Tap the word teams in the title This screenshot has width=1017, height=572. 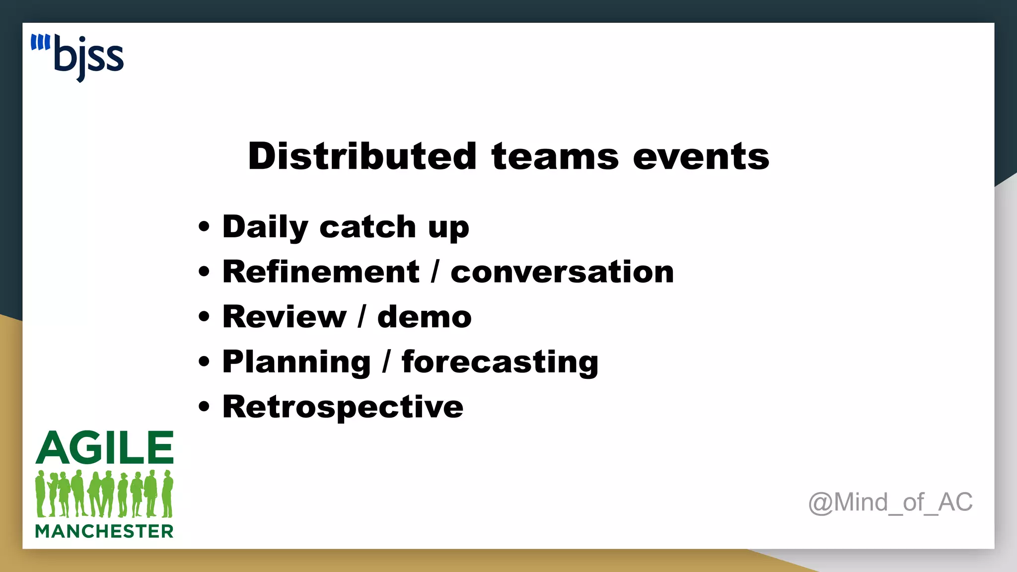[x=555, y=156]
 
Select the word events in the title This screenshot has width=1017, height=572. [x=701, y=156]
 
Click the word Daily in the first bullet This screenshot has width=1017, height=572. [x=265, y=227]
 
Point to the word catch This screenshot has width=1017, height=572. [x=367, y=227]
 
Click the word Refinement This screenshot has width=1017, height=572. [x=321, y=272]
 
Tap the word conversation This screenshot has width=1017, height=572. [x=562, y=272]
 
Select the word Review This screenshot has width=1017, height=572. [x=284, y=317]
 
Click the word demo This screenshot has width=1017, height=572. [x=425, y=317]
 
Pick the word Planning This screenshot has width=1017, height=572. [x=296, y=362]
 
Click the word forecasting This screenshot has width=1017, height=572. [x=500, y=362]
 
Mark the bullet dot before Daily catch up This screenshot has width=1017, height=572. [x=204, y=227]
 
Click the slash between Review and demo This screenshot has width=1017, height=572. [x=362, y=317]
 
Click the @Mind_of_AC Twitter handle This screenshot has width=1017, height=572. [x=890, y=502]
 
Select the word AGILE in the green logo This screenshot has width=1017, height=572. [x=105, y=447]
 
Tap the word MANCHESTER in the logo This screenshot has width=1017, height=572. [x=104, y=531]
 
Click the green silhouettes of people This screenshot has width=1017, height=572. [x=104, y=494]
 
